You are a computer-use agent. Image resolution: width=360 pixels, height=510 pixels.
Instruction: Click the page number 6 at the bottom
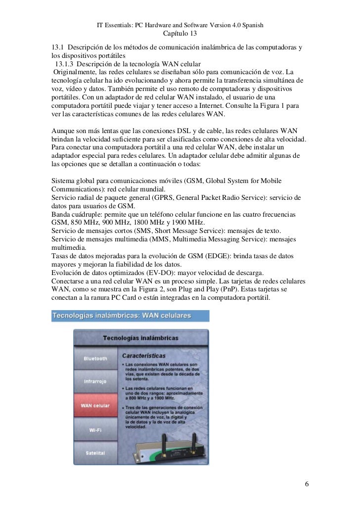pyautogui.click(x=307, y=483)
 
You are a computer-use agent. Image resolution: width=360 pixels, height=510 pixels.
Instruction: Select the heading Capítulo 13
pyautogui.click(x=180, y=34)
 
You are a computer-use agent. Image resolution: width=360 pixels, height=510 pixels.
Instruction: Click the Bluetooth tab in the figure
pyautogui.click(x=95, y=359)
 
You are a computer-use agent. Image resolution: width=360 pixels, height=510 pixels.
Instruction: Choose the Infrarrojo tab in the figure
pyautogui.click(x=95, y=382)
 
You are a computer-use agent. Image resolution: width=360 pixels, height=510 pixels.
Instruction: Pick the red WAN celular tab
pyautogui.click(x=95, y=406)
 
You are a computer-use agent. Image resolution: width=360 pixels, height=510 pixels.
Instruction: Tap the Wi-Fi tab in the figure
pyautogui.click(x=95, y=430)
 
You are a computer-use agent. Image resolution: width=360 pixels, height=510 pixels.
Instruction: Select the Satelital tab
pyautogui.click(x=95, y=454)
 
